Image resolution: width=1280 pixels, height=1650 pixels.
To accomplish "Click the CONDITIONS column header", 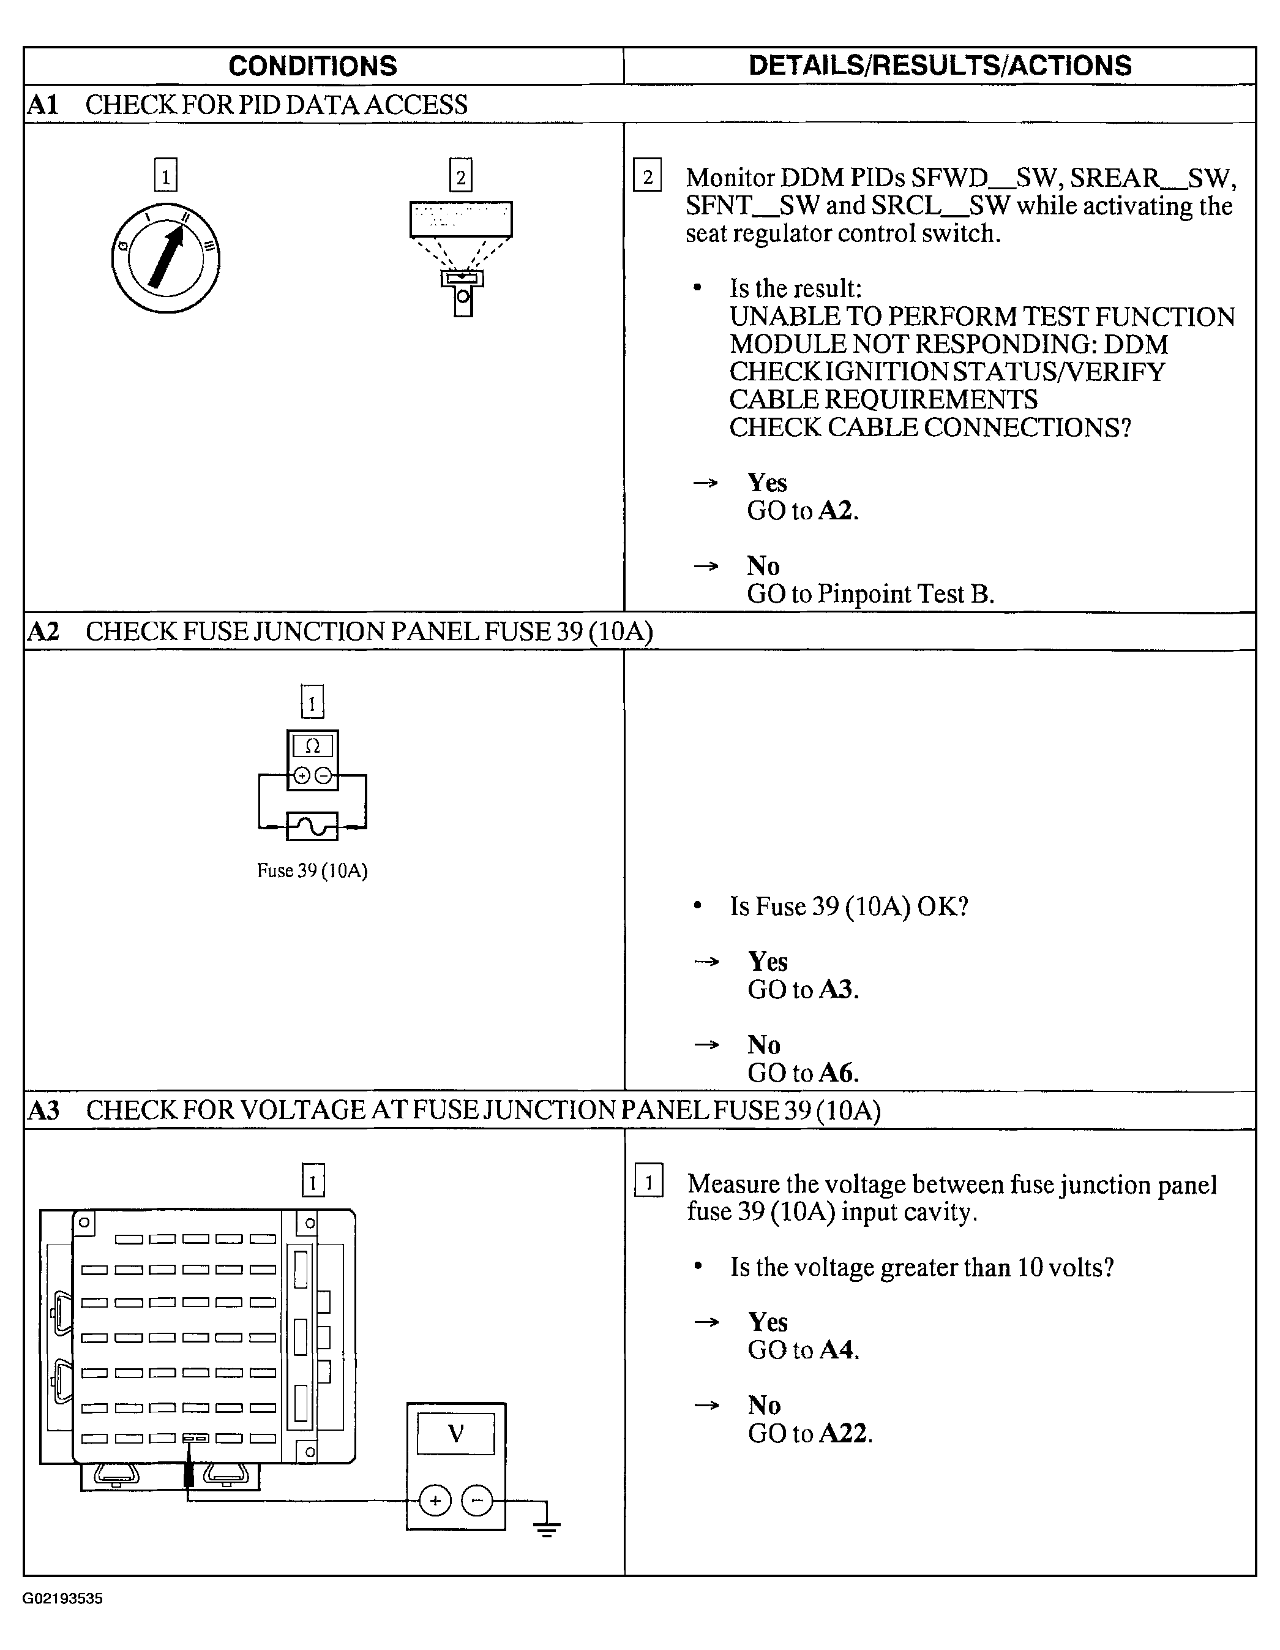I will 313,67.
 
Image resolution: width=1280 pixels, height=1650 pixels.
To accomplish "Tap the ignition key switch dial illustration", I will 166,258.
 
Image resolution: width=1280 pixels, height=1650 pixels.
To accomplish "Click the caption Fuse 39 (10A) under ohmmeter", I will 312,871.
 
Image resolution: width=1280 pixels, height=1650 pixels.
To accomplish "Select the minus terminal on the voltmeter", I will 476,1501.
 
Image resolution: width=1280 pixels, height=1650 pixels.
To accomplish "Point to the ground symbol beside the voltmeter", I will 546,1529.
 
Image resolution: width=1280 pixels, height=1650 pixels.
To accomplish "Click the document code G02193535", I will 62,1599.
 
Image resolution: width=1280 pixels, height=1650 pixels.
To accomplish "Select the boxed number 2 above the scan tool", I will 461,176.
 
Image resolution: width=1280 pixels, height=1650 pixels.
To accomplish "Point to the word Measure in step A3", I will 733,1184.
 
